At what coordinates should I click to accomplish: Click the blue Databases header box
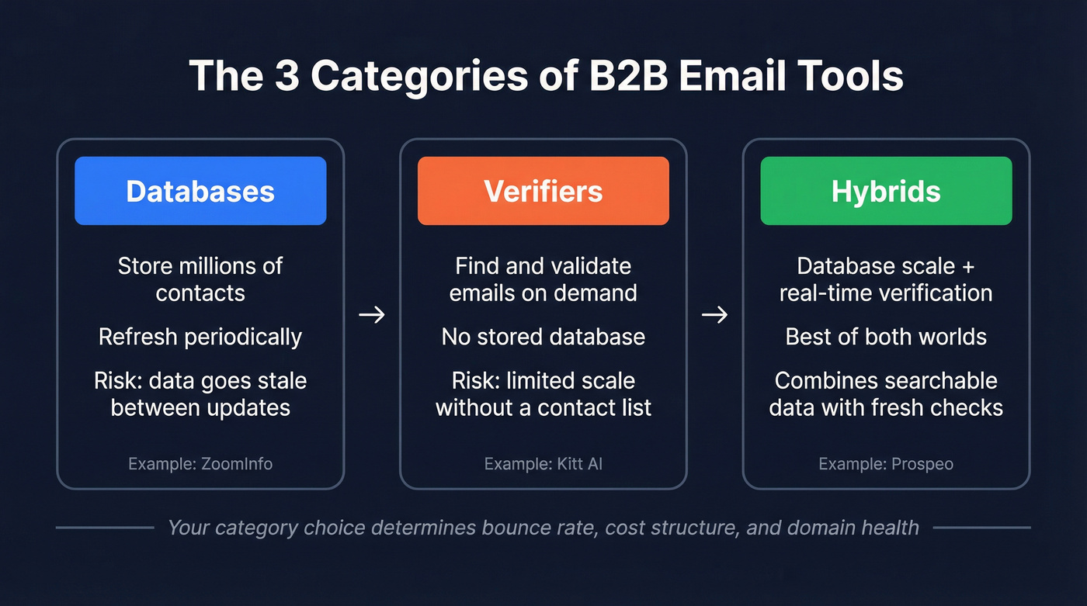(200, 191)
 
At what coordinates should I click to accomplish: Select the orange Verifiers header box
(543, 191)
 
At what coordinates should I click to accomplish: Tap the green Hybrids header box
(886, 191)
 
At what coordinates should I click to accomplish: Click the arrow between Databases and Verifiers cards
(372, 315)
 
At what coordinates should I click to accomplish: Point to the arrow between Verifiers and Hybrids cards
(715, 315)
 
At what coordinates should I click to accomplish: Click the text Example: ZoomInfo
(200, 464)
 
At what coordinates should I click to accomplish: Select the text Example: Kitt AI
(543, 464)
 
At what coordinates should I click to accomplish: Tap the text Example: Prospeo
(886, 464)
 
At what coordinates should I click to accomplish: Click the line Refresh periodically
(200, 337)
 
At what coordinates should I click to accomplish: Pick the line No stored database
(543, 337)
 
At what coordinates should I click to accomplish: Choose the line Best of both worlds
(886, 337)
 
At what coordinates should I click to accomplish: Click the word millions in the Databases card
(223, 266)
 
